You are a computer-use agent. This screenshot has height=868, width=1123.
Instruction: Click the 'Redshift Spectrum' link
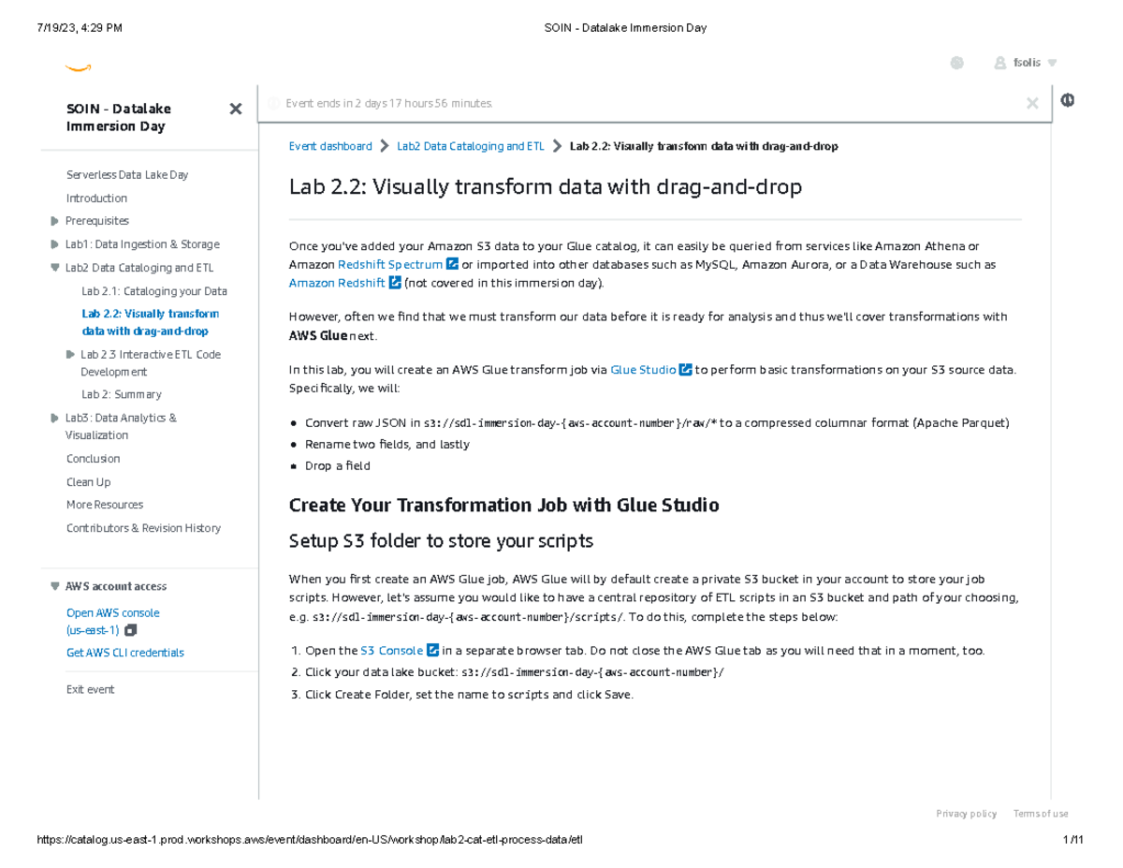389,265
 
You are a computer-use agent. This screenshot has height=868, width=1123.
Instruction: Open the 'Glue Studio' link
643,370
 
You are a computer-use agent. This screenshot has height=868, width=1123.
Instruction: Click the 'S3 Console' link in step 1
391,651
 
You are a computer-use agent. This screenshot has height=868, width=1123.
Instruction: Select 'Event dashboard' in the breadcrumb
329,146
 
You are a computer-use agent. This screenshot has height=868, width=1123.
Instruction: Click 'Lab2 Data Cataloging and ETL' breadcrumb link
470,146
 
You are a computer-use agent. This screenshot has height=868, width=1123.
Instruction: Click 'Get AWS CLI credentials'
124,653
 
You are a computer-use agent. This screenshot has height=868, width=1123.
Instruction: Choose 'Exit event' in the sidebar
90,690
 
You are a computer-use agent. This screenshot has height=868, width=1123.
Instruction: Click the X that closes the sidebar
236,110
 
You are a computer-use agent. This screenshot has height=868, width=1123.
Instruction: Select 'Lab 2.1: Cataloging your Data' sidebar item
153,291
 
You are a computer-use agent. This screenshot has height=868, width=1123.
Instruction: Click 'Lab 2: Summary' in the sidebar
121,395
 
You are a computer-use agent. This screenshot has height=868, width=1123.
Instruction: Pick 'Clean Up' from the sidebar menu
88,482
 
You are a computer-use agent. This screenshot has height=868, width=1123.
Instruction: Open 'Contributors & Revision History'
143,528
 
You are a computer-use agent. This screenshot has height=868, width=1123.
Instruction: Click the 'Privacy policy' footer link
966,814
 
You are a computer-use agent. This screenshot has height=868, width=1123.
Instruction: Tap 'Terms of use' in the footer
1040,814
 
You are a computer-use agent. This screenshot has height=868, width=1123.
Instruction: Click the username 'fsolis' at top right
1026,63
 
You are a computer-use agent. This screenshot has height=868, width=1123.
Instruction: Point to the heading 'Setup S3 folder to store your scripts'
441,541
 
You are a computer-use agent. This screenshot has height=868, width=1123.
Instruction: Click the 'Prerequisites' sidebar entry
97,221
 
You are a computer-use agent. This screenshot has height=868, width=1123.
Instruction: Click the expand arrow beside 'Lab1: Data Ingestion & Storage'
54,244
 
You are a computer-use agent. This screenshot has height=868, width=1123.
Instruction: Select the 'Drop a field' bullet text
337,466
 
